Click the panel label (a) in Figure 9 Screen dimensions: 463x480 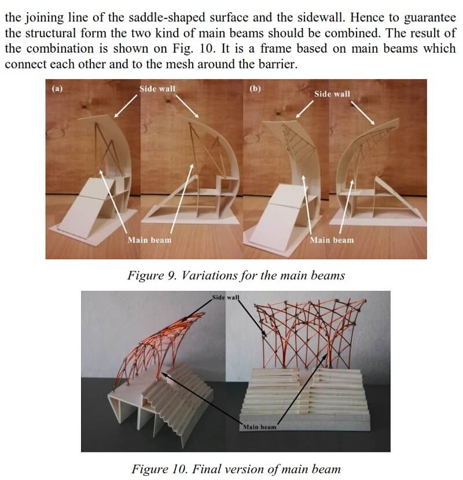pyautogui.click(x=57, y=88)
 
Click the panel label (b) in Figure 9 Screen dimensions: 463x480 pyautogui.click(x=255, y=88)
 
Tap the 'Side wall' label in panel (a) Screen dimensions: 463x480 pyautogui.click(x=157, y=89)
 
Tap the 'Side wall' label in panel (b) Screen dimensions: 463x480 pyautogui.click(x=332, y=94)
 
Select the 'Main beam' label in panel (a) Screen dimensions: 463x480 pyautogui.click(x=149, y=240)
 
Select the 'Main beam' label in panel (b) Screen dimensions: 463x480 pyautogui.click(x=332, y=240)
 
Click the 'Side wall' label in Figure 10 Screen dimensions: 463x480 pyautogui.click(x=226, y=297)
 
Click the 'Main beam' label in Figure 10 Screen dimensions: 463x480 pyautogui.click(x=259, y=427)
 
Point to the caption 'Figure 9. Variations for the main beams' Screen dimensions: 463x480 pyautogui.click(x=236, y=275)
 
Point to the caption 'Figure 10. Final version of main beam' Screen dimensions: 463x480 pyautogui.click(x=236, y=469)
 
